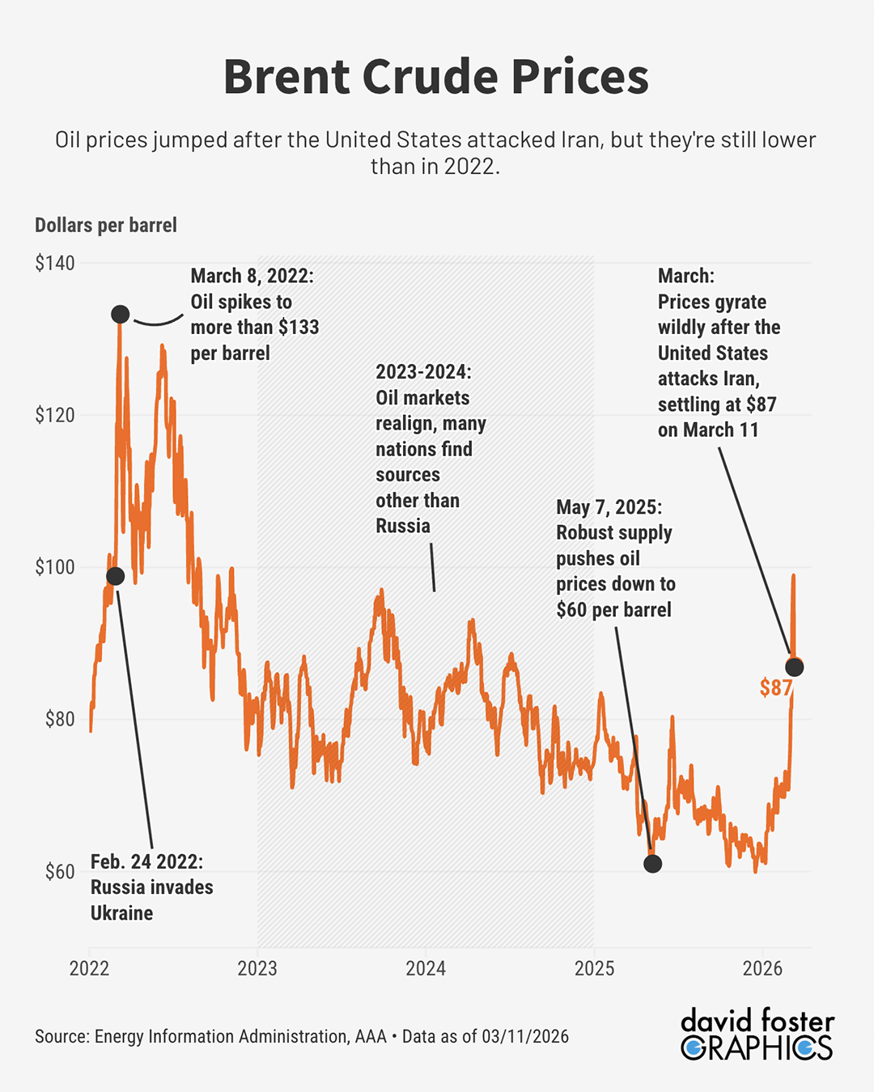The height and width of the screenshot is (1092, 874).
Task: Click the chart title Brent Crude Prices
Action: click(x=436, y=77)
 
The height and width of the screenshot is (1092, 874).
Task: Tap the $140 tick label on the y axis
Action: click(x=54, y=263)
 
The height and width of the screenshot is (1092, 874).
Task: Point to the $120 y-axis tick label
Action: click(x=54, y=415)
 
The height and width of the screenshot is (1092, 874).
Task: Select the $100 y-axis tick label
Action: click(x=54, y=567)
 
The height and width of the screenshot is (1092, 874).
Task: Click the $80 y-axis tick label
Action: click(x=59, y=719)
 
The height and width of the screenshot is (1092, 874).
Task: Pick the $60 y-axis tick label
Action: click(x=59, y=872)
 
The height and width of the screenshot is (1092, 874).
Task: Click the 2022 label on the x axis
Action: click(x=89, y=968)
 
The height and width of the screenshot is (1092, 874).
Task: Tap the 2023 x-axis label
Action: click(x=257, y=968)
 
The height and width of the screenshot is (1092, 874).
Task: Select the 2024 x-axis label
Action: click(x=426, y=968)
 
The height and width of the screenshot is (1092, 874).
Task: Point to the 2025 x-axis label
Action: click(x=594, y=968)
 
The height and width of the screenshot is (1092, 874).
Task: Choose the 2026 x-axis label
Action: click(x=762, y=968)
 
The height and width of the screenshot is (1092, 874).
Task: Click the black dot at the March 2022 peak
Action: click(x=120, y=314)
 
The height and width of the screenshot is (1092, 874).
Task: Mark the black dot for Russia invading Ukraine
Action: click(x=116, y=576)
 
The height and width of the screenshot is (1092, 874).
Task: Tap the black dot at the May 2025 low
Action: click(x=652, y=864)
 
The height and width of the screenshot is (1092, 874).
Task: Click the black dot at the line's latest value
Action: click(x=795, y=667)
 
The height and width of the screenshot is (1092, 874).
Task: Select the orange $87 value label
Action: click(x=775, y=688)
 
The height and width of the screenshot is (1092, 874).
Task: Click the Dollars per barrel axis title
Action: click(x=106, y=225)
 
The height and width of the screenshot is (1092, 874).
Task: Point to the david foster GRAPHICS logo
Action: click(x=757, y=1034)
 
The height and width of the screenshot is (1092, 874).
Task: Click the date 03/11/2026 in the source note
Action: click(x=525, y=1036)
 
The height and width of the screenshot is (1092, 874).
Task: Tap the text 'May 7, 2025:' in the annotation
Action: click(x=609, y=507)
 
